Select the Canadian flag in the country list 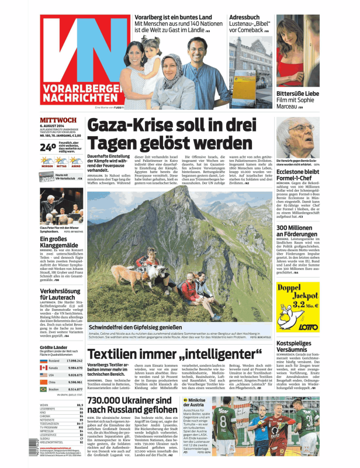(43, 368)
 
